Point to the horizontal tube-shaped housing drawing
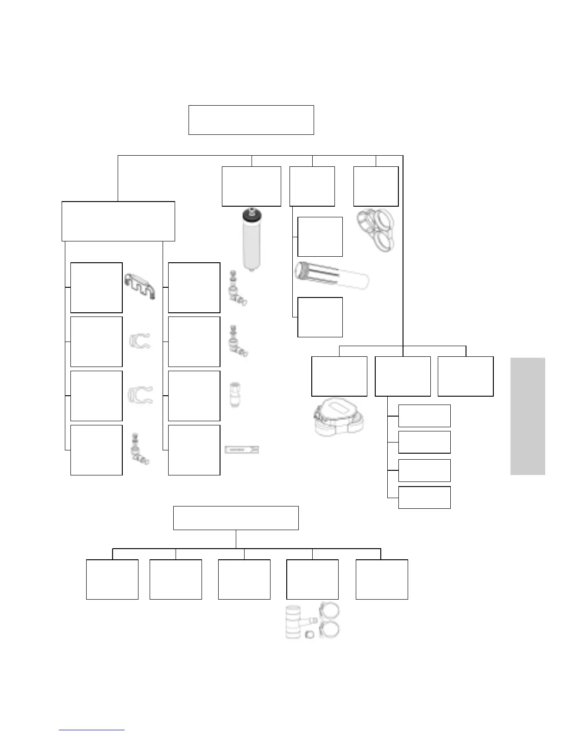[x=331, y=276]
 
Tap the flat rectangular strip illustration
[x=241, y=450]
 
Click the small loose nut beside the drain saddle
[x=310, y=634]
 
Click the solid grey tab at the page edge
[x=528, y=416]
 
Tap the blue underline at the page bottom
[x=92, y=730]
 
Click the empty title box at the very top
[x=251, y=120]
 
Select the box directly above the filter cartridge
[x=252, y=186]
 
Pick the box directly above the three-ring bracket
[x=376, y=186]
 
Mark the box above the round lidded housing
[x=339, y=376]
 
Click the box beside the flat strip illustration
[x=194, y=450]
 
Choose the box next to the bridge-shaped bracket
[x=96, y=288]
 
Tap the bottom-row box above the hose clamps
[x=312, y=579]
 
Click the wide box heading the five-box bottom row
[x=236, y=518]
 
